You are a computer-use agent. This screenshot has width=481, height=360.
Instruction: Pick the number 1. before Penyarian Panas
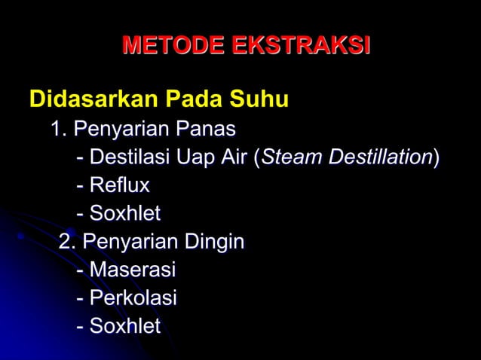(59, 130)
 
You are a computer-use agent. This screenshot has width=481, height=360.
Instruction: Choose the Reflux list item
(119, 185)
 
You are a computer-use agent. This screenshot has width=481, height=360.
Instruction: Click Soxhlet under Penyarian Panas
(124, 214)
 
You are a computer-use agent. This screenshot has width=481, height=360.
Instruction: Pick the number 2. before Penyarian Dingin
(68, 243)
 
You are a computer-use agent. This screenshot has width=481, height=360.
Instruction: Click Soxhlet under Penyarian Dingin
(124, 325)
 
